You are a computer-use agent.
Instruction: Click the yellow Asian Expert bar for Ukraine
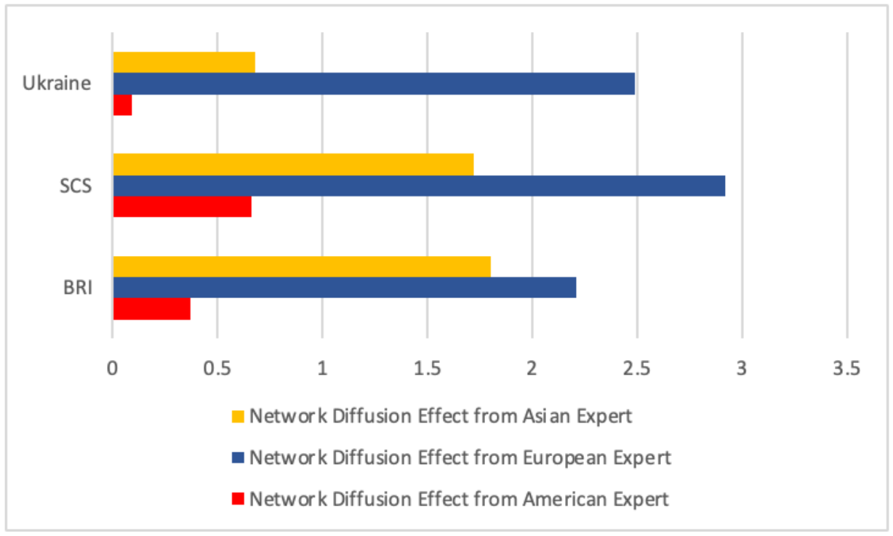(x=184, y=63)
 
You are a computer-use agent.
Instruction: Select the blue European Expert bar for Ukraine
(x=374, y=84)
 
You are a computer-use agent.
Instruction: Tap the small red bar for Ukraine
(x=122, y=105)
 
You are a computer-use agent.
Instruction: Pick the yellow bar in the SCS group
(x=293, y=164)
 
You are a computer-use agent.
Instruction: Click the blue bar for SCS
(x=419, y=185)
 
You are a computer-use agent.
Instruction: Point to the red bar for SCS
(x=182, y=207)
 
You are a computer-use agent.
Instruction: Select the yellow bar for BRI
(x=302, y=266)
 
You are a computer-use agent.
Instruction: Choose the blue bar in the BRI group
(x=344, y=287)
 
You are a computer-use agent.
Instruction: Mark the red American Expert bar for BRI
(x=151, y=309)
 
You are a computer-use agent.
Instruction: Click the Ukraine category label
(x=57, y=83)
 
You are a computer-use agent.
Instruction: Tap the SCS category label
(x=75, y=185)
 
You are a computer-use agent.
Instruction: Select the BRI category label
(x=77, y=287)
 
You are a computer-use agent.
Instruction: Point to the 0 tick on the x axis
(x=112, y=368)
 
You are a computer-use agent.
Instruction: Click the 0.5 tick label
(x=217, y=368)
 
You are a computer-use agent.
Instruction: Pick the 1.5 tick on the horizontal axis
(x=427, y=368)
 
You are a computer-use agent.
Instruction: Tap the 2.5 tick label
(x=636, y=368)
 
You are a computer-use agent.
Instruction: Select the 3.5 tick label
(x=846, y=368)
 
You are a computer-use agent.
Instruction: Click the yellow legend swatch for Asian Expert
(x=238, y=417)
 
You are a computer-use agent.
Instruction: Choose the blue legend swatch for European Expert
(x=238, y=458)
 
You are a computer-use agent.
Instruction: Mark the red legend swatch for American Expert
(x=238, y=500)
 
